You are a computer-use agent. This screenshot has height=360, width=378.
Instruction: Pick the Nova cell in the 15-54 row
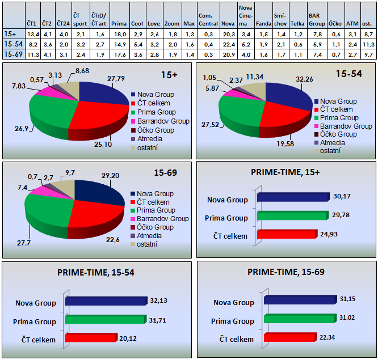point(228,44)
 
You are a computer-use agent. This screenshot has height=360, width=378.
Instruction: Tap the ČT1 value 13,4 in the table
point(32,34)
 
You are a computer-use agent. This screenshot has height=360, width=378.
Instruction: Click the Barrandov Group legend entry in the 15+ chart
point(159,121)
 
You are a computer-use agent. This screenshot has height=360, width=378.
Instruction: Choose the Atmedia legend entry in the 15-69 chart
point(149,235)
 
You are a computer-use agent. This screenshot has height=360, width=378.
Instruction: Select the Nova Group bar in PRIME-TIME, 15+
point(293,197)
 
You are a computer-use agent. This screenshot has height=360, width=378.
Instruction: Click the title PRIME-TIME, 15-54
point(96,273)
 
